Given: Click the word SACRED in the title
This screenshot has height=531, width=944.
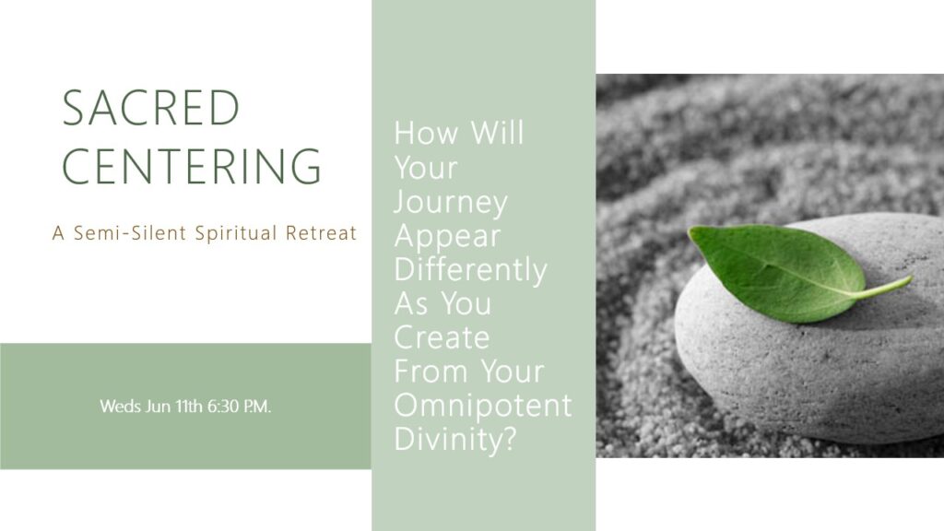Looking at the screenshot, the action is coord(151,108).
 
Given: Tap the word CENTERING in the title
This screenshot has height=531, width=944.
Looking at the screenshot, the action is coord(192,166).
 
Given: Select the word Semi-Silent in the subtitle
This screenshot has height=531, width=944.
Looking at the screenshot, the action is coord(130,233).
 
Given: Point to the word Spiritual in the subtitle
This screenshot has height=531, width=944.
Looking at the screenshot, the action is coord(236,233).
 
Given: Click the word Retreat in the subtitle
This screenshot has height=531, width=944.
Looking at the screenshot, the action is coord(322,233).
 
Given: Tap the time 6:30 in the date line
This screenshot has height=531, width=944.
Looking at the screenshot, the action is coord(223,407).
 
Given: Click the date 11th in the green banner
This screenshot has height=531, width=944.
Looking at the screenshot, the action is coord(188,407).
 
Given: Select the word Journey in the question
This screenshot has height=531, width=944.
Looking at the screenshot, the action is coord(451,204).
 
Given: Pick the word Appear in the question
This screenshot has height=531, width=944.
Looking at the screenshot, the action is coord(447,237).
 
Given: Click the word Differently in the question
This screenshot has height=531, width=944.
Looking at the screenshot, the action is coord(471,270).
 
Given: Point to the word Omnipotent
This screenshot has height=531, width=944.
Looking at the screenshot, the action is coord(483,406).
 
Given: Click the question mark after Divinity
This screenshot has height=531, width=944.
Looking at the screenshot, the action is coord(509,438).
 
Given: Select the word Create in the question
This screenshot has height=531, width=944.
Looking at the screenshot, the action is coord(442,337).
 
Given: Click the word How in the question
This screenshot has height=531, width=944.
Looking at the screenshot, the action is coord(426,133).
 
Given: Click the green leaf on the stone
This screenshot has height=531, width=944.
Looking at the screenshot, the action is coord(783,268).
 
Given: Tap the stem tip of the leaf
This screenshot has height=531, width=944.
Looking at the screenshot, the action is coord(910,278).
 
